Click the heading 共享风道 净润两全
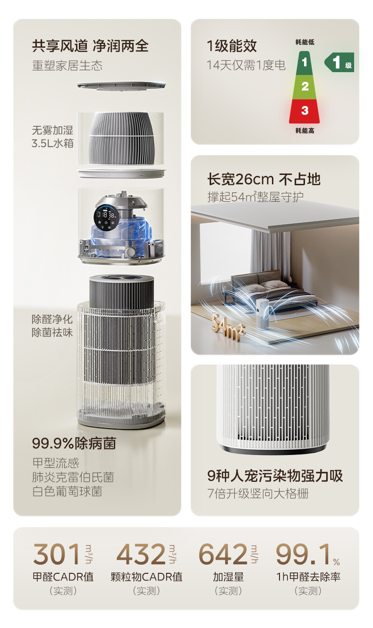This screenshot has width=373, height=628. tap(90, 46)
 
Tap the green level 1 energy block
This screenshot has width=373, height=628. tap(305, 63)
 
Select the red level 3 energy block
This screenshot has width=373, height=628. tap(305, 111)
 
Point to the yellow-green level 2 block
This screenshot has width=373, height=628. tap(305, 86)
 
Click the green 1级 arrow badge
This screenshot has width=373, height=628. tap(339, 62)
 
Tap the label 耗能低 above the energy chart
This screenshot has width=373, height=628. tap(305, 42)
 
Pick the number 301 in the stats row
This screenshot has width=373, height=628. tap(57, 554)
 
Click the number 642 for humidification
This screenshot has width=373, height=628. tap(222, 554)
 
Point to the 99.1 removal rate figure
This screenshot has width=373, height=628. tap(303, 554)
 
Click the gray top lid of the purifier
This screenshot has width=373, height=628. tap(121, 85)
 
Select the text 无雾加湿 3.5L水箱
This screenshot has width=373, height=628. tap(52, 137)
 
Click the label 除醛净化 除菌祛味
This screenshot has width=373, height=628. tap(52, 326)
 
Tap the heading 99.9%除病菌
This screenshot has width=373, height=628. tap(74, 443)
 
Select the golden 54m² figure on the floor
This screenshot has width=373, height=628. tap(228, 326)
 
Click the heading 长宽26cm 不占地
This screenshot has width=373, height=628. tap(263, 179)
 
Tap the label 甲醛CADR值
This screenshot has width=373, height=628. tap(63, 577)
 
